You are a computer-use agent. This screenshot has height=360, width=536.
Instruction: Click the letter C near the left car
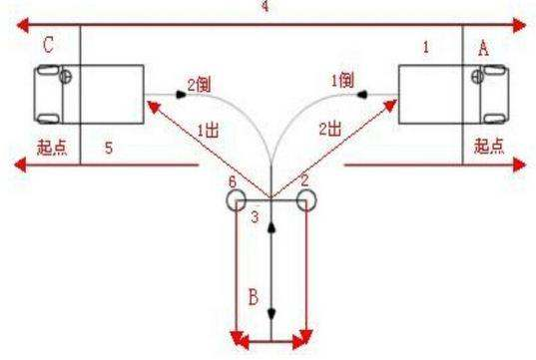47,45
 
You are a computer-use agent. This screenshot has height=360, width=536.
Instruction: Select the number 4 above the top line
264,7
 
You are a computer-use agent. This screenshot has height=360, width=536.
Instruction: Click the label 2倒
195,86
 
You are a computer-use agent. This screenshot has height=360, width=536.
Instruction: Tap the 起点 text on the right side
488,146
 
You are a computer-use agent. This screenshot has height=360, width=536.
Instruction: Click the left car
87,97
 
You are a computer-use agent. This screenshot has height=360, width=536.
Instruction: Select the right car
445,97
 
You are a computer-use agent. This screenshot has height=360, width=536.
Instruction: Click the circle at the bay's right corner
305,200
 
